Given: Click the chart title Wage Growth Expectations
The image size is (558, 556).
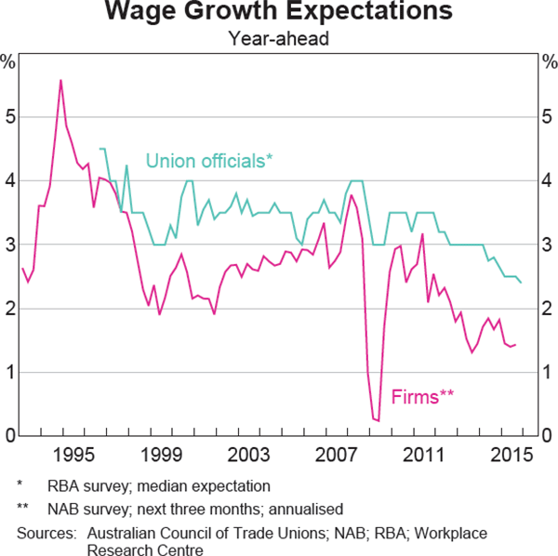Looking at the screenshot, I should click(x=279, y=13).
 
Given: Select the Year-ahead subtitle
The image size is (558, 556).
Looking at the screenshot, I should click(x=279, y=39).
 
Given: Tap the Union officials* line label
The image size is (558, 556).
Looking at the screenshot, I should click(x=209, y=161).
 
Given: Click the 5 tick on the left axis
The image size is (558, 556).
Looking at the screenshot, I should click(x=10, y=118).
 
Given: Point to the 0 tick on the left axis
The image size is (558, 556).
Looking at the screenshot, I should click(x=10, y=436).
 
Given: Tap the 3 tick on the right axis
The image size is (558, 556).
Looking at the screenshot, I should click(x=547, y=245).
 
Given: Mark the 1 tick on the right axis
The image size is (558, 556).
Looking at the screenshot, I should click(x=547, y=373).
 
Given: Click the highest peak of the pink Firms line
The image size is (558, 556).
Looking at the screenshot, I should click(x=61, y=80).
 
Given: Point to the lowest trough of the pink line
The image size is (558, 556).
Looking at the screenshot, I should click(x=378, y=421).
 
